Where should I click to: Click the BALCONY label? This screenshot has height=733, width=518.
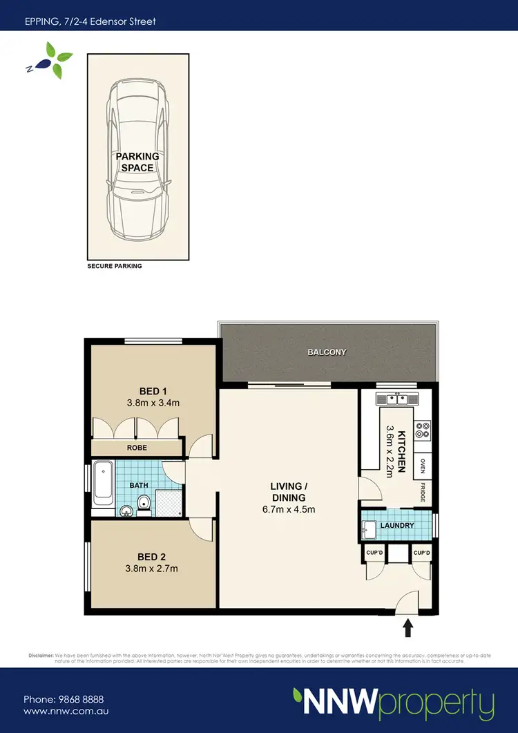pyautogui.click(x=327, y=352)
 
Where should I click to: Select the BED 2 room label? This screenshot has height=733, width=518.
pyautogui.click(x=153, y=556)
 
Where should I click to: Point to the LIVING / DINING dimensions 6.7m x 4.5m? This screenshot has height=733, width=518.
pyautogui.click(x=288, y=511)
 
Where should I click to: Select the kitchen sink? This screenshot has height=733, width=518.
pyautogui.click(x=396, y=399)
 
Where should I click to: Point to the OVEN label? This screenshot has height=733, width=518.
pyautogui.click(x=422, y=466)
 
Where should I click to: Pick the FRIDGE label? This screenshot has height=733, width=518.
pyautogui.click(x=422, y=493)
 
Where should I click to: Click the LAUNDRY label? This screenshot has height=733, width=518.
pyautogui.click(x=396, y=526)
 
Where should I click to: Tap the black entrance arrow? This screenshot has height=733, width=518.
pyautogui.click(x=407, y=627)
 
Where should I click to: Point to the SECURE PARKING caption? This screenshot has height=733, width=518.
pyautogui.click(x=114, y=266)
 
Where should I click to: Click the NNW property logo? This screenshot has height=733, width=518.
pyautogui.click(x=393, y=704)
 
